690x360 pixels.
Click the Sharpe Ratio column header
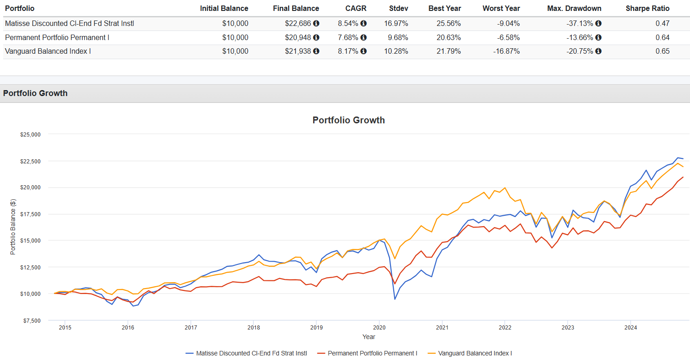pos(647,8)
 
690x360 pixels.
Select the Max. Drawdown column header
pos(574,8)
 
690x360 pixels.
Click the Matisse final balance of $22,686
pos(298,23)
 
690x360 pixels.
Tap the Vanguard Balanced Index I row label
pos(48,51)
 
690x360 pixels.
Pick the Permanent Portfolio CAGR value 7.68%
pos(348,37)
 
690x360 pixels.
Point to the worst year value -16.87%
pos(506,51)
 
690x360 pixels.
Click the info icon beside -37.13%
pos(598,23)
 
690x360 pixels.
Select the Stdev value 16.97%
pos(396,23)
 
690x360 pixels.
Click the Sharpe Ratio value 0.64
pos(662,37)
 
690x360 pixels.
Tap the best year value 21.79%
pos(448,51)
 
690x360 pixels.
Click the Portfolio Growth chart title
pos(349,120)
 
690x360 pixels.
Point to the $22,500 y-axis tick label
pos(30,161)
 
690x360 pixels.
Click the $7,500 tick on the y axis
pos(32,320)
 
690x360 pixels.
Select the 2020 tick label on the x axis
pos(379,327)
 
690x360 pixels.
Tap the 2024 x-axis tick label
pos(630,327)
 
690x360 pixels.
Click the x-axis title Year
pos(369,337)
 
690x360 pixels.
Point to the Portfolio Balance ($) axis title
pos(13,227)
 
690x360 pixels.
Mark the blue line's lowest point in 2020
pos(395,299)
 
